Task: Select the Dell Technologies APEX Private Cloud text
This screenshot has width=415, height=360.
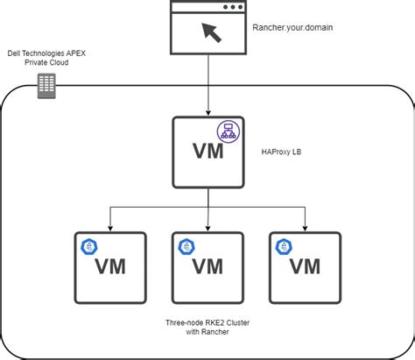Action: (46, 59)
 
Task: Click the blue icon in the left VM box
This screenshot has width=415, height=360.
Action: (88, 247)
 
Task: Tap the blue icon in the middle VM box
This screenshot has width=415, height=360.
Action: (185, 247)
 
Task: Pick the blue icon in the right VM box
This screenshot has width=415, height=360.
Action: (282, 247)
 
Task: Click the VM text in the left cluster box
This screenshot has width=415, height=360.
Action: (111, 265)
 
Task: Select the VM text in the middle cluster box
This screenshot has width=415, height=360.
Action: (208, 265)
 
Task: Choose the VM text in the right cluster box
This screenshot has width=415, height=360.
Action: (305, 265)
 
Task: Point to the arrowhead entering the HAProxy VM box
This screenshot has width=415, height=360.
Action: (207, 111)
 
